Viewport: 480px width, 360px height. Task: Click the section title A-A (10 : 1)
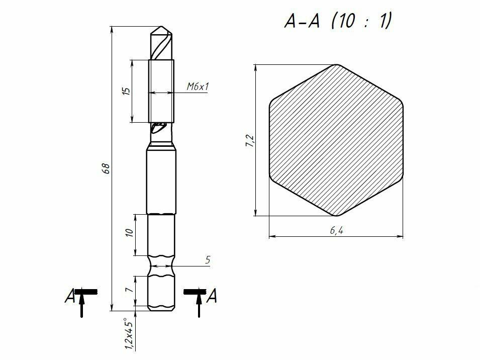pos(338,21)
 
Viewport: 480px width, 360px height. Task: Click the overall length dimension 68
pos(106,168)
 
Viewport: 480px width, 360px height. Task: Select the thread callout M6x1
pos(198,86)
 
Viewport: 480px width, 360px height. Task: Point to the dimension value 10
pos(130,232)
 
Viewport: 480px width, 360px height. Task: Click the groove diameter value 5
pos(208,260)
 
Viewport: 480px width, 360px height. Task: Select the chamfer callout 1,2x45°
pos(129,334)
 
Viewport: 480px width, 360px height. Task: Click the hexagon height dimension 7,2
pos(250,140)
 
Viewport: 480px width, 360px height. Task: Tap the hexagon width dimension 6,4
pos(336,230)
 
